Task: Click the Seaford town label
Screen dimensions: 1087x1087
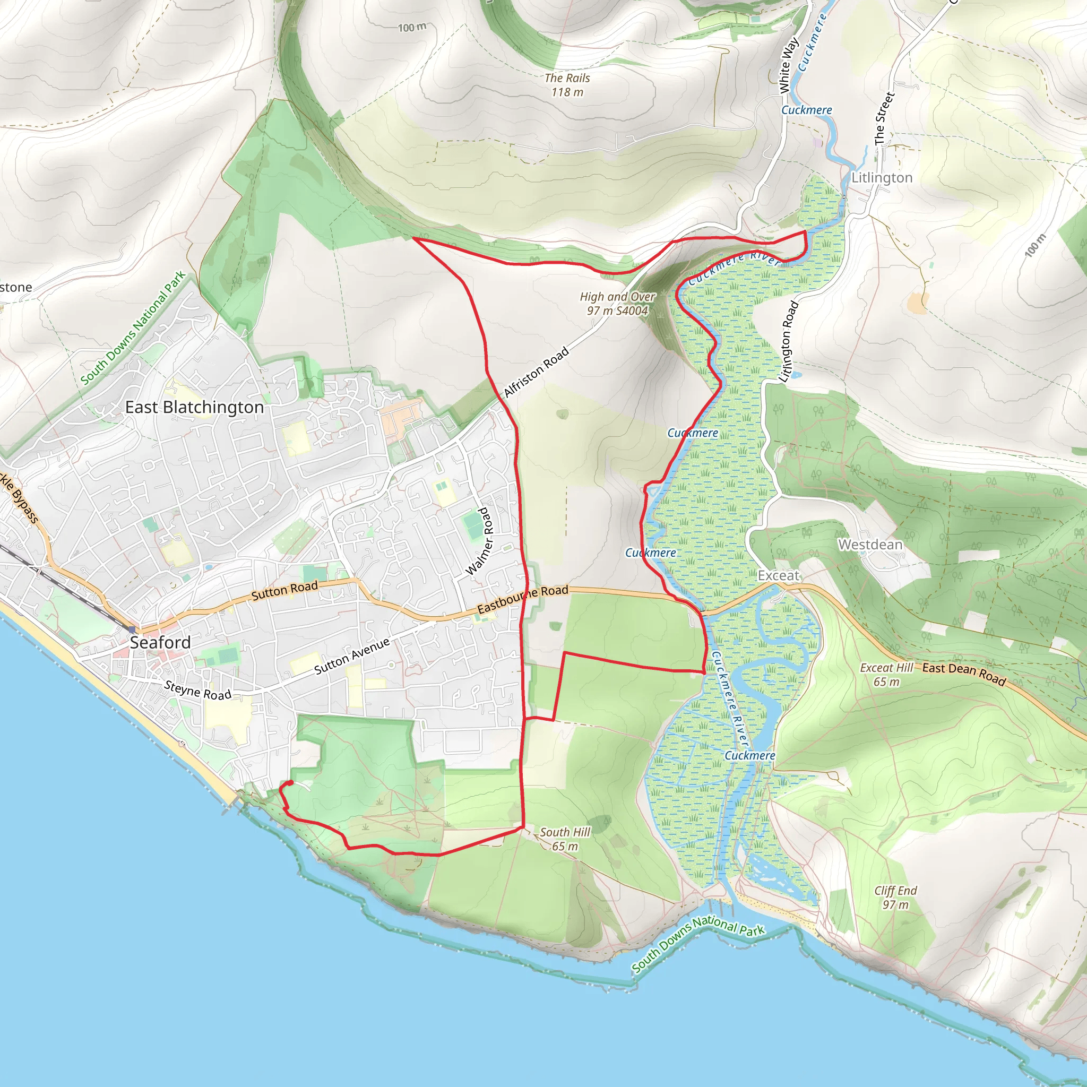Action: point(160,642)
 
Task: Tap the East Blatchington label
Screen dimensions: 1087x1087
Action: point(194,407)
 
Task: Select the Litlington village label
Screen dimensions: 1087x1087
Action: point(882,178)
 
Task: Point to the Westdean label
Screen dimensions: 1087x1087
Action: point(870,545)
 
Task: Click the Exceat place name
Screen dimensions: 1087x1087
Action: point(778,575)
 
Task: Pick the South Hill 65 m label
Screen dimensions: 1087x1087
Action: point(565,839)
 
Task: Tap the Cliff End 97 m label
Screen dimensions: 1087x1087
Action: point(895,898)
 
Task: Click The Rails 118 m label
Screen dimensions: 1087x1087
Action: point(567,85)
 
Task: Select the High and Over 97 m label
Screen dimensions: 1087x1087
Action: point(618,303)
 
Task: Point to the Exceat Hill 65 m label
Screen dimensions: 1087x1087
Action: point(887,675)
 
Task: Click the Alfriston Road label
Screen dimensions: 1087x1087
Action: point(536,373)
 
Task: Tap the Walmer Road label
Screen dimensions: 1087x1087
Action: point(479,541)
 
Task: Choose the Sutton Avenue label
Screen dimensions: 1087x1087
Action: point(352,656)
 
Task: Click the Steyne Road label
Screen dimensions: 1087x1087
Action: point(197,691)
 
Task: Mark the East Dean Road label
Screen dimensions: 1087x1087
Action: point(964,674)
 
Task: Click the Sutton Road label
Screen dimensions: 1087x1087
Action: point(284,591)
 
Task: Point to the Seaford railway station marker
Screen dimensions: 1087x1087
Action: point(132,629)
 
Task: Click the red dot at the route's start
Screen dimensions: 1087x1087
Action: point(290,784)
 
